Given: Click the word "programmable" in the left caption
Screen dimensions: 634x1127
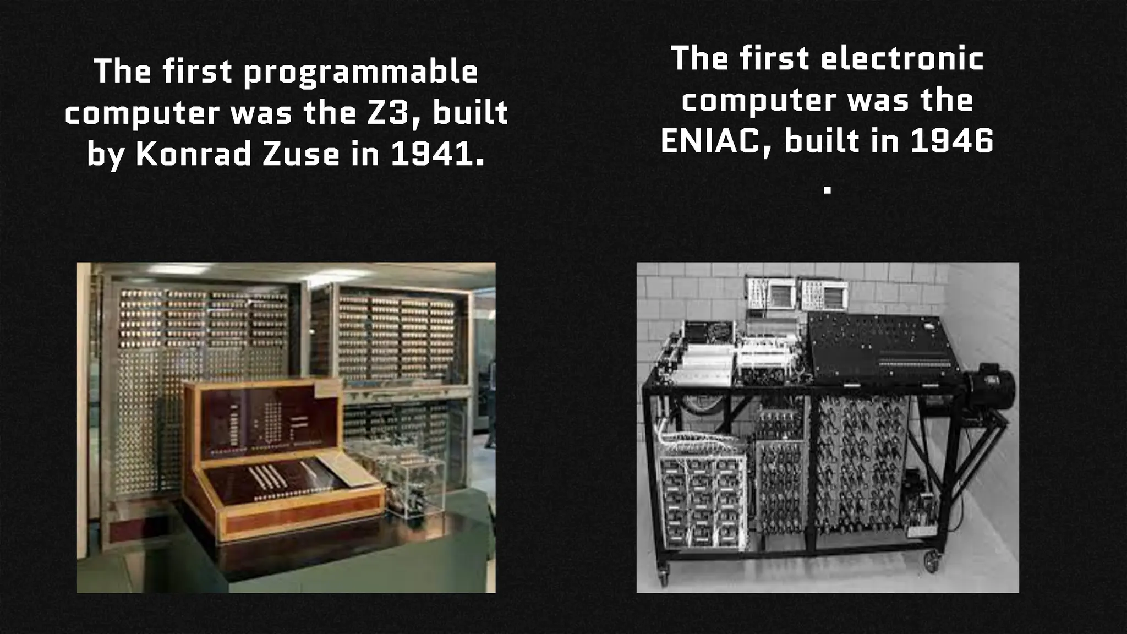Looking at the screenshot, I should (x=361, y=73).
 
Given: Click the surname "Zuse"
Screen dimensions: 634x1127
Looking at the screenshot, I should (x=301, y=154).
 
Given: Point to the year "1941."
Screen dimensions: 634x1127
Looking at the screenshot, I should (x=438, y=154).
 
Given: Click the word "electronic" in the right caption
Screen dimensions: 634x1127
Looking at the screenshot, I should (x=902, y=59).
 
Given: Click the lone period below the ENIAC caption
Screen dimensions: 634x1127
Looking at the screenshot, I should (x=827, y=190).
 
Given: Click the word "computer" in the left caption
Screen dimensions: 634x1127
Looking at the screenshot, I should (x=143, y=113).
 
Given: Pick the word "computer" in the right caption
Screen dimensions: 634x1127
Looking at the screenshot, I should (x=760, y=100).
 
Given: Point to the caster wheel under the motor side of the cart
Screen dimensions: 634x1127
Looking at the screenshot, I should (x=932, y=561).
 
